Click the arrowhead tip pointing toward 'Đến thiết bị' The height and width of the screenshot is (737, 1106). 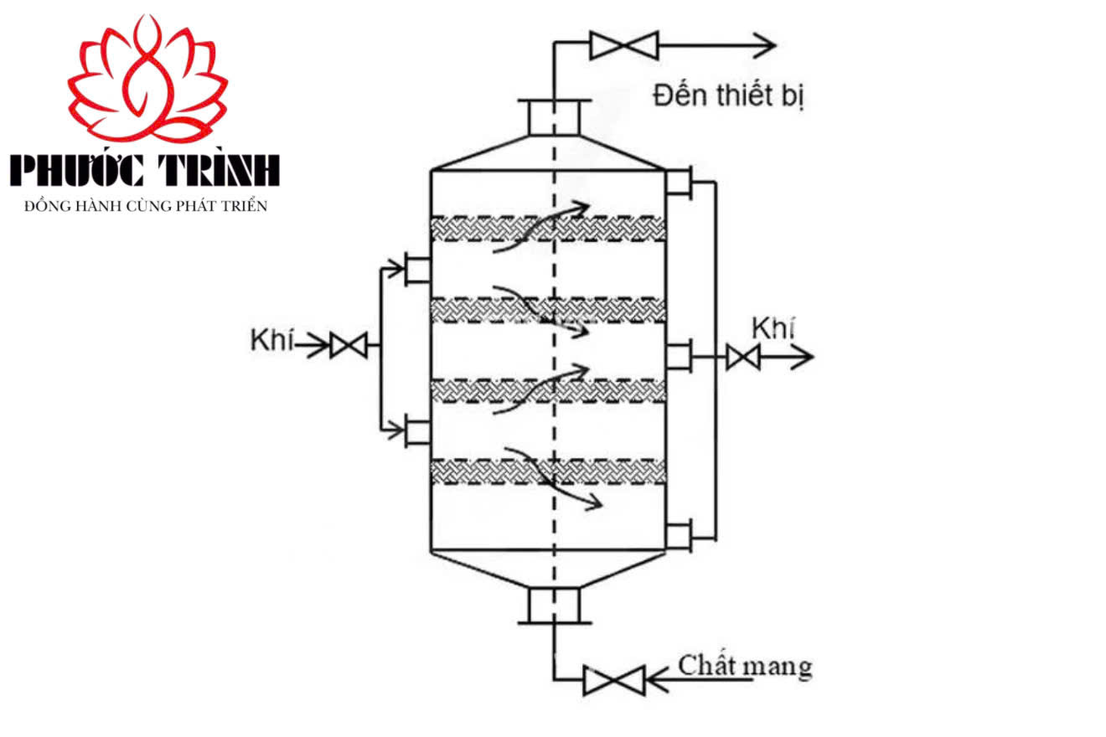(776, 45)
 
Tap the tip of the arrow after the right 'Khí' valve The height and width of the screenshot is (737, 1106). (813, 357)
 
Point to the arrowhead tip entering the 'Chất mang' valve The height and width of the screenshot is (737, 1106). (647, 680)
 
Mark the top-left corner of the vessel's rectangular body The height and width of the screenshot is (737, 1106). (432, 171)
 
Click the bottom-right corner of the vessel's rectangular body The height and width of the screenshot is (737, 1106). (665, 549)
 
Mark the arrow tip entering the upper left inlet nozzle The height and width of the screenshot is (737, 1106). (405, 269)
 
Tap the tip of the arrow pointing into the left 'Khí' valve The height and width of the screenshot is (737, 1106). (328, 345)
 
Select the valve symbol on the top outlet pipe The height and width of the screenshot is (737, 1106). (624, 45)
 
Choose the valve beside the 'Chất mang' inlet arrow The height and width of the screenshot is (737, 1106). (614, 680)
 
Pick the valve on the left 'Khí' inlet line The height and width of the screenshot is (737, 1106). (349, 345)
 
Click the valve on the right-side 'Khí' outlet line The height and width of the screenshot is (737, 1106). (743, 357)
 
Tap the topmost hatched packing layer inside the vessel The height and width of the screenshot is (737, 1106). (548, 229)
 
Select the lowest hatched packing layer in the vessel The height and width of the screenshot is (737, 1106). (548, 472)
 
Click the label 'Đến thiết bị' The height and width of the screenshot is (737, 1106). (729, 95)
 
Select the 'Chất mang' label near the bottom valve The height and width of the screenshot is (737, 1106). (745, 666)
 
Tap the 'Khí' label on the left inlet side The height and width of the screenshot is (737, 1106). (271, 340)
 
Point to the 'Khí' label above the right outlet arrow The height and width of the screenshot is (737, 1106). (773, 327)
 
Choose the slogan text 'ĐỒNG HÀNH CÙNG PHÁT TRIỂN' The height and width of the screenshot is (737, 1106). (146, 206)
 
